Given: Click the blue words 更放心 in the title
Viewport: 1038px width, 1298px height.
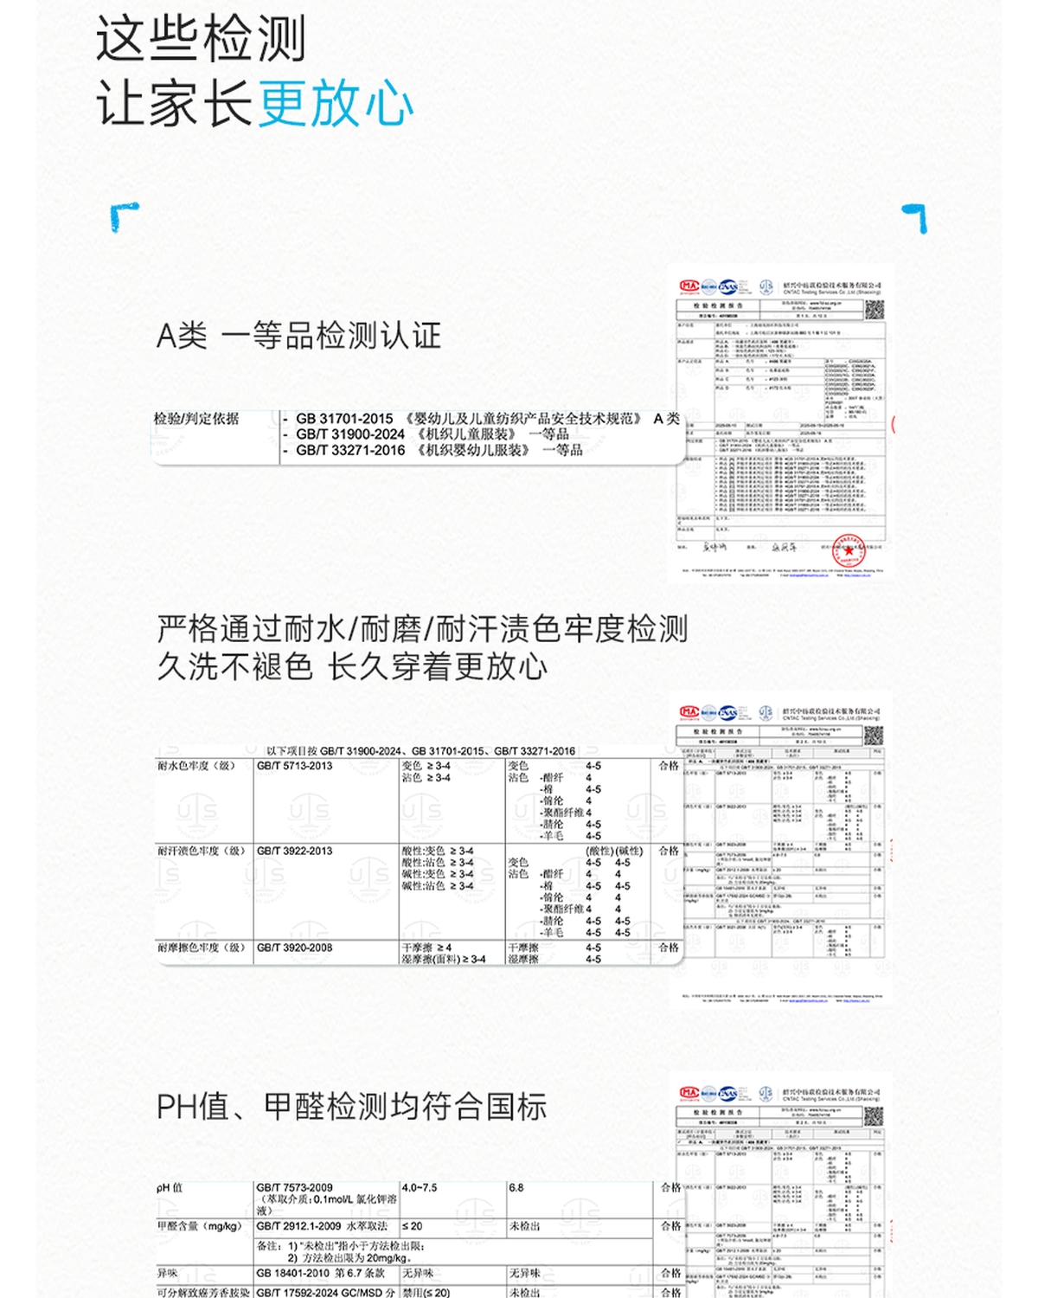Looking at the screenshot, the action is click(336, 104).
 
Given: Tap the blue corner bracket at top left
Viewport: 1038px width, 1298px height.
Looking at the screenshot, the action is click(124, 216).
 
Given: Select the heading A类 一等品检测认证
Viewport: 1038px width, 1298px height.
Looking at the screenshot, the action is click(298, 336).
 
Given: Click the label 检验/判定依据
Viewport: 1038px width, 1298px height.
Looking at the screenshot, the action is click(196, 419).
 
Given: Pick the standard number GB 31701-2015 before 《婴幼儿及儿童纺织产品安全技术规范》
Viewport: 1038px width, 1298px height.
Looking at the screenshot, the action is click(344, 419).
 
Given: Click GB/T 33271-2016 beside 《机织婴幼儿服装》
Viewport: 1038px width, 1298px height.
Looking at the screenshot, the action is click(350, 450).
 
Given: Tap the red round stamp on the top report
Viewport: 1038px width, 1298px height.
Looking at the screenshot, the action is click(849, 550).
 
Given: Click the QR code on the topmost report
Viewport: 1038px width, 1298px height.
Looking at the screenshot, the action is click(874, 310).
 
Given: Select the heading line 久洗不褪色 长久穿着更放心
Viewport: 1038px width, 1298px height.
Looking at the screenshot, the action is click(352, 666).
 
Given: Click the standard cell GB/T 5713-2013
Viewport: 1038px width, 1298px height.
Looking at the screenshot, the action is click(294, 766).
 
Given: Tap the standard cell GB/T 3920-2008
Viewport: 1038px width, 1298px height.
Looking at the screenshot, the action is click(294, 948).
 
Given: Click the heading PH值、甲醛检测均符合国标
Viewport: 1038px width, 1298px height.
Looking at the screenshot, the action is click(351, 1107).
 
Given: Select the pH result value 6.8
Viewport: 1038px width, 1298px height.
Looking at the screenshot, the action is click(516, 1187).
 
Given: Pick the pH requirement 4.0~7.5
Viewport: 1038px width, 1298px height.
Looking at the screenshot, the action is click(420, 1187).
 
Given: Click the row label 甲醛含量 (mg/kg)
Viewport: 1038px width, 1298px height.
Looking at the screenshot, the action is click(199, 1226).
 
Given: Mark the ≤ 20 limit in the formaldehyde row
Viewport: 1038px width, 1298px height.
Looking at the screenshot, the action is click(413, 1226).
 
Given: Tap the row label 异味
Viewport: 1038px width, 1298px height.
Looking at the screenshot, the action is click(167, 1273).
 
